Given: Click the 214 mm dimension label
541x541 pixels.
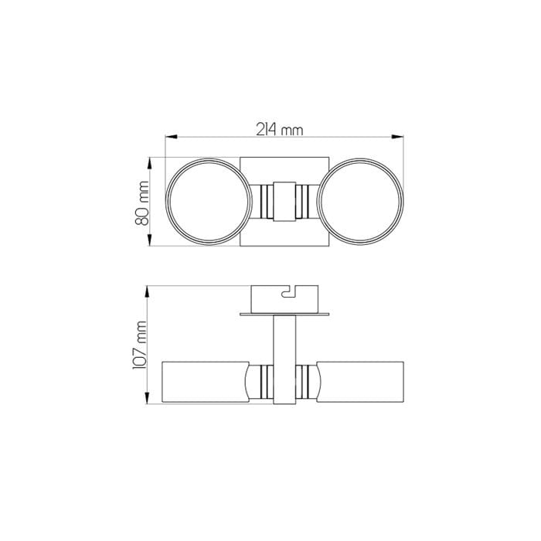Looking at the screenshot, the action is [x=280, y=130].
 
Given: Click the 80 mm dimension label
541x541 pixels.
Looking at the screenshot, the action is [x=141, y=203].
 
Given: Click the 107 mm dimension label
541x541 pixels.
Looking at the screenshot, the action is [x=140, y=345].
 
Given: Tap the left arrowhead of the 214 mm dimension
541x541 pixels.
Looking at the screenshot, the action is [x=171, y=137].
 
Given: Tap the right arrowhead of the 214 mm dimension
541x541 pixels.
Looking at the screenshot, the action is [x=397, y=137].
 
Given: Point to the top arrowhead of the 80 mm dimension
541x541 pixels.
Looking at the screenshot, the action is [x=149, y=163].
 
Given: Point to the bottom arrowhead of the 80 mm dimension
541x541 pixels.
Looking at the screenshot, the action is [x=149, y=240].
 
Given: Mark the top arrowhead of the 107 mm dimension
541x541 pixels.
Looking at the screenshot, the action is [x=148, y=291].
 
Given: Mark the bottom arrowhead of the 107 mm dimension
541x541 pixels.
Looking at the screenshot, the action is [x=148, y=397].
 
